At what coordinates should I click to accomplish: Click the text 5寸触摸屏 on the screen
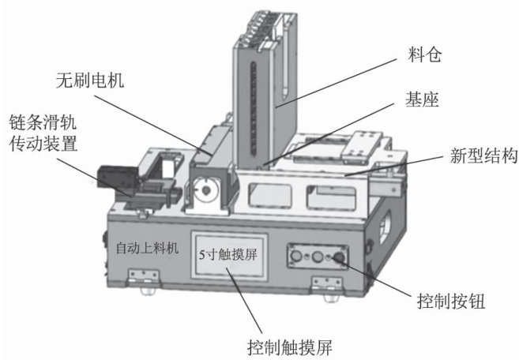point(230,254)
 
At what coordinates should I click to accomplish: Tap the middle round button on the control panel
point(320,257)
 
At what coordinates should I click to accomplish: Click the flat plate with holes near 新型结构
point(365,143)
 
